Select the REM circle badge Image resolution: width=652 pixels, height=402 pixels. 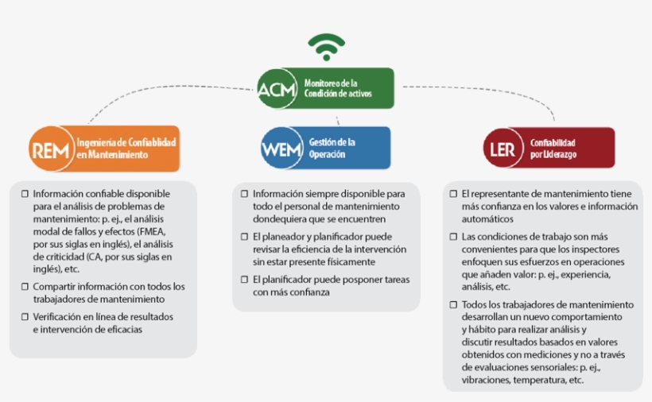point(49,149)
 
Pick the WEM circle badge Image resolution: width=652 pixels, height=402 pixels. point(279,149)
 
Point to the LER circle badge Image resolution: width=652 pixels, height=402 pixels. point(503,149)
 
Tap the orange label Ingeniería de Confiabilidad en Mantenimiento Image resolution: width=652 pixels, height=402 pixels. point(126,149)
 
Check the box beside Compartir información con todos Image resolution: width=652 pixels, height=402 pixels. point(25,286)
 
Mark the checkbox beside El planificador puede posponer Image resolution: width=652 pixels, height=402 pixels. point(244,280)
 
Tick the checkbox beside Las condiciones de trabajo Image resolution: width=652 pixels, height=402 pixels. point(453,237)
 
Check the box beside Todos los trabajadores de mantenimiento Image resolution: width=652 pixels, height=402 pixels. point(453,305)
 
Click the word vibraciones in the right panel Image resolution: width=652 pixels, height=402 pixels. point(486,381)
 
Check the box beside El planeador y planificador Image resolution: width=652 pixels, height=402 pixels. point(244,237)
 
